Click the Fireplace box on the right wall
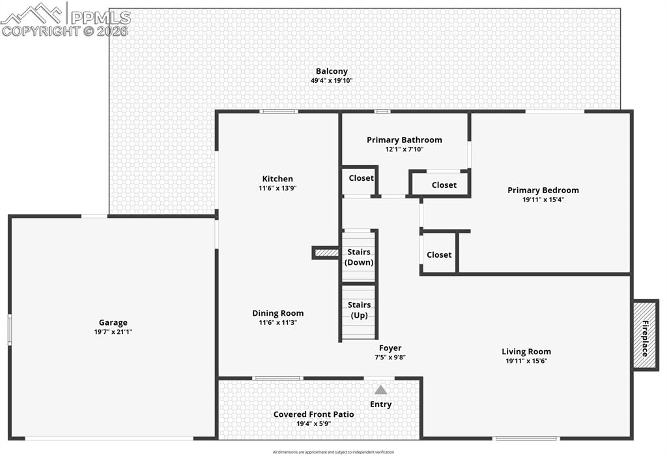coord(646,335)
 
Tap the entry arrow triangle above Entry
coord(380,390)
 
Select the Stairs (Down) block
coord(359,256)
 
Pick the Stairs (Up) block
coord(359,311)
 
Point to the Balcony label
coord(332,71)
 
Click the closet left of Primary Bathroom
coord(360,179)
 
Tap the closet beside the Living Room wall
coord(438,254)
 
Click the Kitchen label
coord(277,179)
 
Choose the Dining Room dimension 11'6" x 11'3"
coord(278,322)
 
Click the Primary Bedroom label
coord(543,190)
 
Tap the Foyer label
coord(390,348)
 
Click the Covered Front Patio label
coord(313,414)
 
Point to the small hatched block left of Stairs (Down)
coord(326,252)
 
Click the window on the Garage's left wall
coord(9,329)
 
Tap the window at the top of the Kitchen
coord(279,112)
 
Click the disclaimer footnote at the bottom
coord(333,451)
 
